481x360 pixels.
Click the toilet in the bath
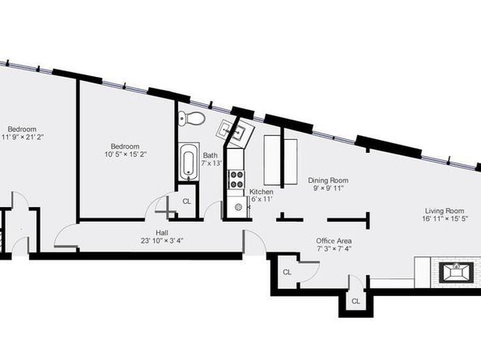point(191,118)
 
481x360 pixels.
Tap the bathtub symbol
point(189,162)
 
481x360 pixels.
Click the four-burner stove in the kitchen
point(236,180)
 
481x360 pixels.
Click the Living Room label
point(445,211)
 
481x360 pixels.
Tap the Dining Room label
point(328,180)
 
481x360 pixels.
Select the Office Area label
point(334,240)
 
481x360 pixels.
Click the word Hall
point(162,233)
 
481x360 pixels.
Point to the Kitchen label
point(261,192)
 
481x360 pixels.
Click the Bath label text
point(210,155)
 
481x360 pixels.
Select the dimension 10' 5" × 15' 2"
point(126,154)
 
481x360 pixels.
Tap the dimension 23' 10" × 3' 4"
point(162,240)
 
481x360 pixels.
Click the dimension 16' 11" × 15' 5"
point(445,218)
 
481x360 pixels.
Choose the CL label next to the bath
point(186,201)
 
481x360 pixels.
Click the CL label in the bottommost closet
point(355,301)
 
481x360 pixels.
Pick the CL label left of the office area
point(287,272)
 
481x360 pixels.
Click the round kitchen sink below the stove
point(238,207)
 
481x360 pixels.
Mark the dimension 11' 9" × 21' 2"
point(23,137)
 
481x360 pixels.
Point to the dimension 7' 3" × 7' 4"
point(334,248)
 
